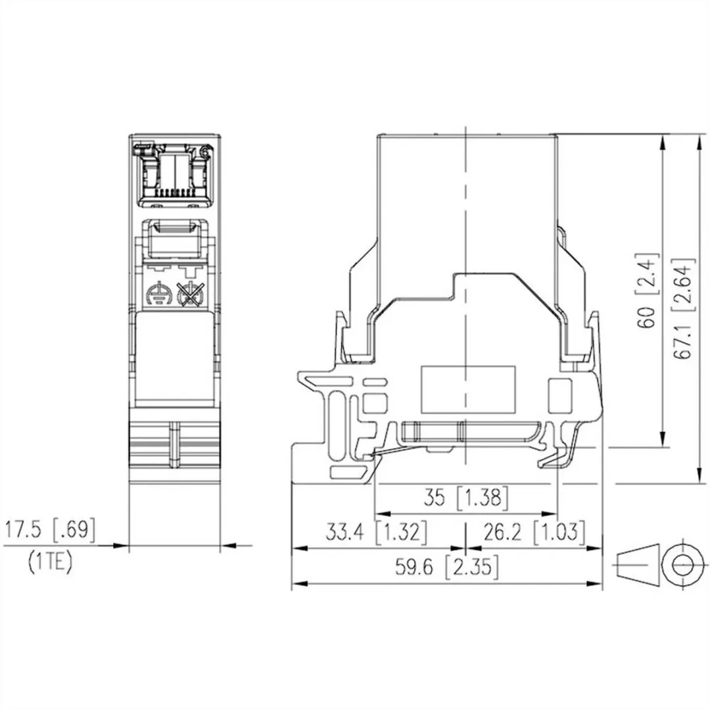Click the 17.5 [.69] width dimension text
click(x=50, y=531)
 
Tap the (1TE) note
click(x=50, y=563)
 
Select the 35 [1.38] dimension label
click(x=465, y=498)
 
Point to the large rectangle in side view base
click(x=467, y=386)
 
